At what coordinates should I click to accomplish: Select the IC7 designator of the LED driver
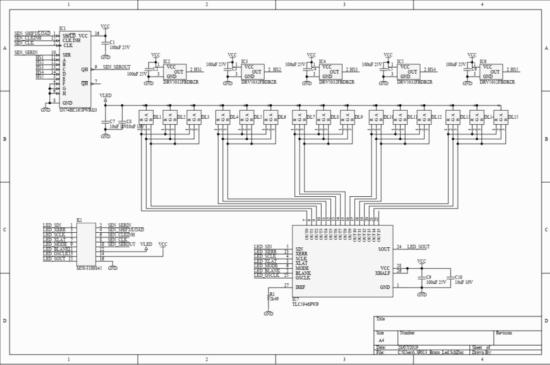click(x=295, y=299)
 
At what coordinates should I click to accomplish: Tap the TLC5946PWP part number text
click(x=306, y=304)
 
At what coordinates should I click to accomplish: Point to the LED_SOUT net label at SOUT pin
click(x=418, y=247)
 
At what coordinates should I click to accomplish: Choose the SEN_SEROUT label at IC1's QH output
click(x=117, y=67)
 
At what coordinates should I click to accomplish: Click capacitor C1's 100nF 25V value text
click(x=120, y=47)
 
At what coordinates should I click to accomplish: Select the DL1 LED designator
click(x=157, y=117)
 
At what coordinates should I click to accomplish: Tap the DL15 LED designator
click(x=513, y=117)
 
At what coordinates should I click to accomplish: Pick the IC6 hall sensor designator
click(x=483, y=61)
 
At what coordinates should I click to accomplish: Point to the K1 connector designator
click(x=79, y=220)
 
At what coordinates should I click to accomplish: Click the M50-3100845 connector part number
click(x=89, y=267)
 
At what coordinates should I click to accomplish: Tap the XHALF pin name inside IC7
click(x=382, y=273)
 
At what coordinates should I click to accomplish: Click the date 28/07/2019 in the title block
click(x=408, y=347)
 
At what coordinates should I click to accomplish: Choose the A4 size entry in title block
click(x=381, y=340)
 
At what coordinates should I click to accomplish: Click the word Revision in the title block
click(x=504, y=333)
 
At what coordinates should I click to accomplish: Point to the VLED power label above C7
click(x=105, y=95)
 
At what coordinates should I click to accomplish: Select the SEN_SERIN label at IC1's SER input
click(x=26, y=52)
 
